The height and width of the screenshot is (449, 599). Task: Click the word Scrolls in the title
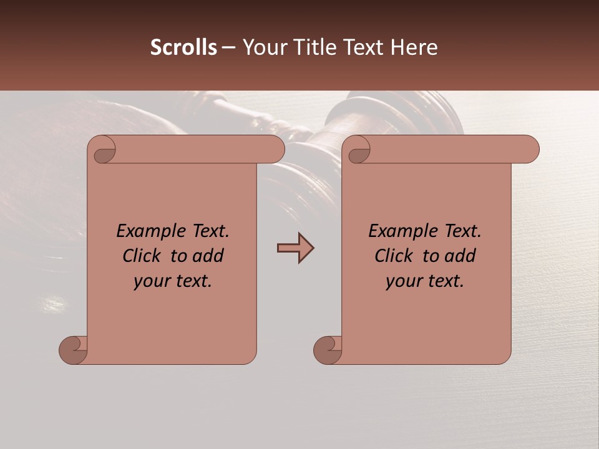click(x=183, y=47)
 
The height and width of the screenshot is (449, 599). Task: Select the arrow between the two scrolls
click(x=295, y=248)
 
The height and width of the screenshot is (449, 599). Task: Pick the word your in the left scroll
click(x=150, y=282)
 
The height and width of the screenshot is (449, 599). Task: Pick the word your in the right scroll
click(x=402, y=282)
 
